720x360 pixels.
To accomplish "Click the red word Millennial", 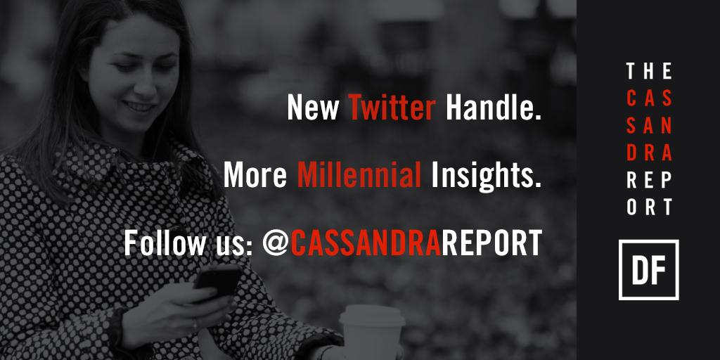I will tap(359, 176).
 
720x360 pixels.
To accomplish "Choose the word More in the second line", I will tap(255, 176).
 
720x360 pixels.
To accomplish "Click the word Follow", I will tap(161, 243).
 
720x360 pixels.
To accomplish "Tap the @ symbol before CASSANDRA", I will tap(275, 243).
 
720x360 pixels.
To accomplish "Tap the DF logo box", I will tap(648, 270).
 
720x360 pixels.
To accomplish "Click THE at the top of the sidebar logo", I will tap(648, 71).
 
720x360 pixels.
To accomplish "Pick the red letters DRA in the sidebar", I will tap(648, 153).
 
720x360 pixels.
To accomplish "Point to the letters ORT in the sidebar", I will tap(648, 207).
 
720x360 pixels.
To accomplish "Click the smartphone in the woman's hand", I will tap(217, 278).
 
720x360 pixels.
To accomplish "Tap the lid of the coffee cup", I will tap(372, 314).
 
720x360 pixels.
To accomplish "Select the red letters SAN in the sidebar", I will tap(648, 125).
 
